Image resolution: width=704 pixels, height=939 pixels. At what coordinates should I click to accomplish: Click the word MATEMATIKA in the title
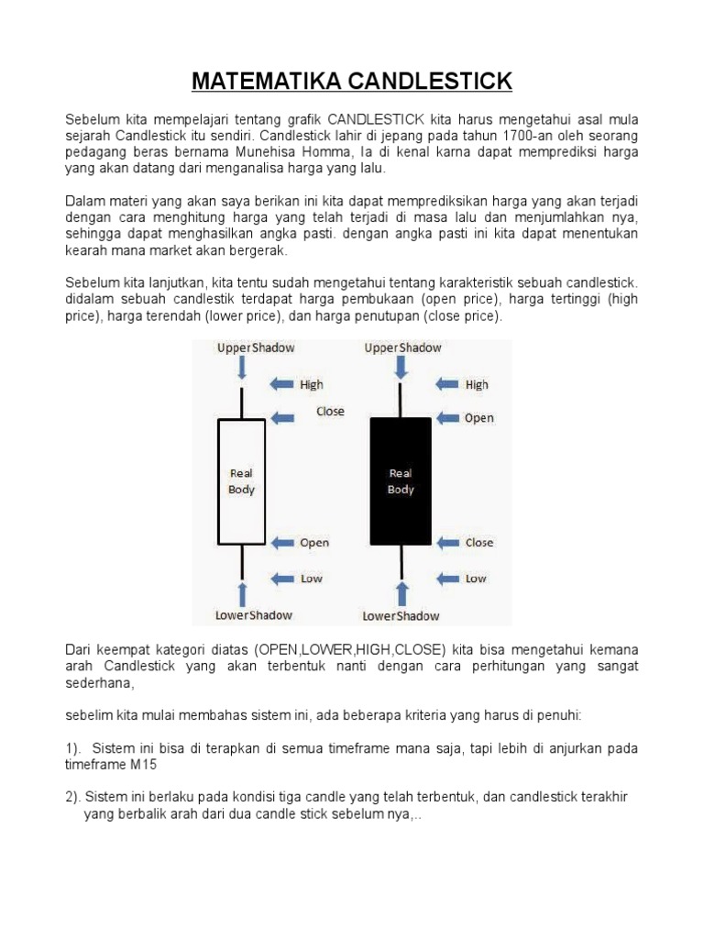click(x=255, y=82)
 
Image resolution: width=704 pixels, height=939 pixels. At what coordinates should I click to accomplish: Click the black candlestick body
click(x=401, y=481)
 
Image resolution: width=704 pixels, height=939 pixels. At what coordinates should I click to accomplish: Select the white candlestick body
click(x=241, y=481)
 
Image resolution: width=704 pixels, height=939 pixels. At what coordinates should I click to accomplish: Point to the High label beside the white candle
click(x=312, y=384)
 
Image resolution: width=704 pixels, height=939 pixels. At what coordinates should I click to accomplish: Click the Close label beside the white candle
click(x=330, y=412)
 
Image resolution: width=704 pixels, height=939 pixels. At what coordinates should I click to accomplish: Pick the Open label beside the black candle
click(x=478, y=418)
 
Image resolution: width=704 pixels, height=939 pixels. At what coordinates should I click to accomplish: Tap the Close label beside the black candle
click(x=478, y=543)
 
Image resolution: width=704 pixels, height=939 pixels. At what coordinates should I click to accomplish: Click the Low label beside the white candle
click(x=312, y=579)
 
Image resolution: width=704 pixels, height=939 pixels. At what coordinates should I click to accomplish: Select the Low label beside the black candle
click(x=476, y=579)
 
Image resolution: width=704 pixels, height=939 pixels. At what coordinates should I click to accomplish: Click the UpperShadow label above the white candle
click(x=255, y=348)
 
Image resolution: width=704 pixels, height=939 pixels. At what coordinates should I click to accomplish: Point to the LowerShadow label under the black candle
click(x=401, y=615)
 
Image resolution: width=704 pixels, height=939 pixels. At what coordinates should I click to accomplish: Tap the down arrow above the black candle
click(x=401, y=368)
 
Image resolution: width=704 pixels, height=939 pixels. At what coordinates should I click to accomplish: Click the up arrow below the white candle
click(x=242, y=592)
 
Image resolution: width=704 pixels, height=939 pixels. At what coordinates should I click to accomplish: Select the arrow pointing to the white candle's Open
click(x=283, y=543)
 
